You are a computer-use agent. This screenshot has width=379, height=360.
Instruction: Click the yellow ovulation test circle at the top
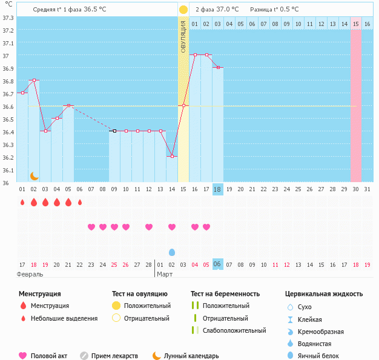click(183, 10)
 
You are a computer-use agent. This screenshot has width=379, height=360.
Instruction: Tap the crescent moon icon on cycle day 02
click(35, 176)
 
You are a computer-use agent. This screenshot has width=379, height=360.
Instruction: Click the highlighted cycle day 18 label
click(218, 189)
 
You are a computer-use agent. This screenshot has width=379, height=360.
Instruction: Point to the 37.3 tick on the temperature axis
click(8, 18)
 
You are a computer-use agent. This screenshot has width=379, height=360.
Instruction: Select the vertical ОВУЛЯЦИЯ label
click(183, 36)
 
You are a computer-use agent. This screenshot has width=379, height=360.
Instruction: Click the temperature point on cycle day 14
click(172, 156)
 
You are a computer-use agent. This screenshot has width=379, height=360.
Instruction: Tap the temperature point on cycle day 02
click(35, 80)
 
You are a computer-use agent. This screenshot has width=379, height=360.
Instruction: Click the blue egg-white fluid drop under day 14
click(172, 252)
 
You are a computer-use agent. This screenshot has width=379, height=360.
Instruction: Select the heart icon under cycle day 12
click(149, 227)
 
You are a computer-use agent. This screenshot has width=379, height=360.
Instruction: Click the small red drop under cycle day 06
click(80, 202)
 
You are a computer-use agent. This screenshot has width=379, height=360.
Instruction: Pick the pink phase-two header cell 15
click(356, 24)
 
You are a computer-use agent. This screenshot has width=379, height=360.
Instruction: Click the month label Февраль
click(30, 274)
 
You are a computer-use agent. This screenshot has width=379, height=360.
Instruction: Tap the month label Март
click(165, 274)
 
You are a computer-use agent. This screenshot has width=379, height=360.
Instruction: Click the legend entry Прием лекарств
click(114, 356)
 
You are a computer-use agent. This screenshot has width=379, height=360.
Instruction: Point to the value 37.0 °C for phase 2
click(227, 10)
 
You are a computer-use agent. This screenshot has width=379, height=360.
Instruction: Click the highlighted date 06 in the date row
click(218, 264)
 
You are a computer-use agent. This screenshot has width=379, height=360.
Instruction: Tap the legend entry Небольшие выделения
click(64, 318)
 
